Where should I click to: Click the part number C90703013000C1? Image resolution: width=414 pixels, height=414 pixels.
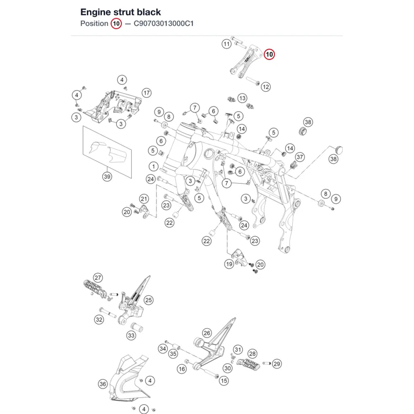164,24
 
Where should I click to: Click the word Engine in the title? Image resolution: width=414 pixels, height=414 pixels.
95,12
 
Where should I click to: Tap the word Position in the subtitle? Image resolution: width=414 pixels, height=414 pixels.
94,24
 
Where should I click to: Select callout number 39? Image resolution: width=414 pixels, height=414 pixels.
107,176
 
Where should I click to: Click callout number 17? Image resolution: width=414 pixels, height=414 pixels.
147,93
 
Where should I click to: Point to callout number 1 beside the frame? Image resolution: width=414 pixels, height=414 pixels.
154,166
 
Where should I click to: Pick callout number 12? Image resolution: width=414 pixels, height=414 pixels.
266,87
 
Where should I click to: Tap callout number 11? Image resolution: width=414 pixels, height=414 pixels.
226,44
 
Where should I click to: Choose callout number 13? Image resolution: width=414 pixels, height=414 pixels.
242,98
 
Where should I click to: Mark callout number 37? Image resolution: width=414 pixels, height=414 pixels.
300,157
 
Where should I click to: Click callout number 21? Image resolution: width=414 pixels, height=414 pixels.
144,199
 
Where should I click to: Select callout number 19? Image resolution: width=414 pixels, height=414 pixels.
229,264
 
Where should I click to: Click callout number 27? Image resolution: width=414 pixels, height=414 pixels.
98,278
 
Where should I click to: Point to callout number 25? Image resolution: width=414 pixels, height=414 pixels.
148,300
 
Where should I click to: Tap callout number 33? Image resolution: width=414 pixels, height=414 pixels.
131,336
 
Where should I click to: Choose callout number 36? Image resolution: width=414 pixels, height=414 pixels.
103,384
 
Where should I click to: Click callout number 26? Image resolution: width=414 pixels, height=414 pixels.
207,333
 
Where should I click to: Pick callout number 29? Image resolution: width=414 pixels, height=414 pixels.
277,364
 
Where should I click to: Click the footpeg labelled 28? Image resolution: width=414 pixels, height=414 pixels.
248,364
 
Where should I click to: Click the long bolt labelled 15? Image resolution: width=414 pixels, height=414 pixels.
210,373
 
